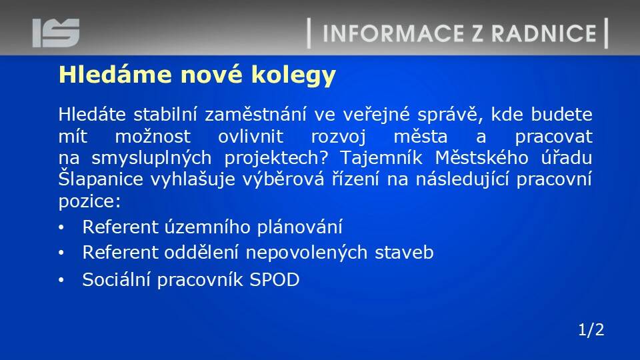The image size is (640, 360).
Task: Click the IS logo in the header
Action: point(56,33)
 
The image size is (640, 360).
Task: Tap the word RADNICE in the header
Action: point(544,33)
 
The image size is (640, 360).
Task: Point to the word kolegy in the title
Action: point(293,76)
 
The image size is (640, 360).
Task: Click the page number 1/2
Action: point(591,330)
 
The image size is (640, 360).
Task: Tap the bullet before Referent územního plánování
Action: point(61,227)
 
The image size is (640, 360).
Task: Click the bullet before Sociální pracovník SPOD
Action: point(61,280)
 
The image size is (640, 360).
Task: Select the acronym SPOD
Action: point(274,279)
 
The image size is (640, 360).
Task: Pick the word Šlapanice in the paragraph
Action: point(101,179)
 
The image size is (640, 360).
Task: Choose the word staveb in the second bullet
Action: point(404,252)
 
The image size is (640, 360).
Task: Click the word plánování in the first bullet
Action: point(299,227)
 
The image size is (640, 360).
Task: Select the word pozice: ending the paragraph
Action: point(89,201)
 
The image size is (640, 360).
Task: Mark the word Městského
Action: point(481,157)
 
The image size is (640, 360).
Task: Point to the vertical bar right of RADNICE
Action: point(606,33)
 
